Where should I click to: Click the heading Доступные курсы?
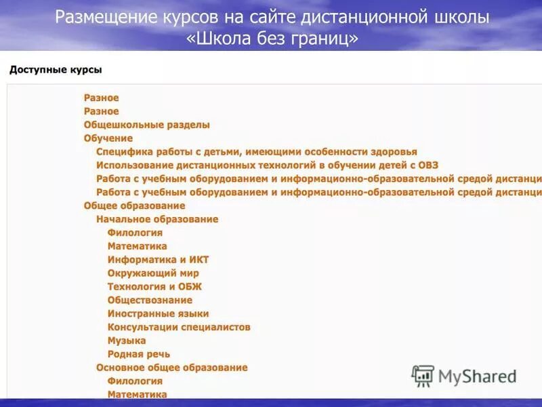[x=56, y=70]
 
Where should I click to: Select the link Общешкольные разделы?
[x=146, y=125]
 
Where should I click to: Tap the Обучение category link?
[x=108, y=138]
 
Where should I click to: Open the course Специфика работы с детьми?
[x=256, y=152]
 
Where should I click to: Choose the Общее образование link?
[x=134, y=206]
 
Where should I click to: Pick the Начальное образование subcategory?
[x=157, y=219]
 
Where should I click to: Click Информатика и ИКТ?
[x=158, y=260]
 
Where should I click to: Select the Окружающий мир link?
[x=153, y=273]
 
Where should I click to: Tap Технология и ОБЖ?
[x=154, y=286]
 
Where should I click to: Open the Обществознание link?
[x=150, y=300]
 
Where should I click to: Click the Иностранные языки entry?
[x=158, y=313]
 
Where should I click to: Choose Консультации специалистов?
[x=179, y=327]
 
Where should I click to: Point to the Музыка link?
[x=127, y=341]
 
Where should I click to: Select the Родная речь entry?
[x=139, y=354]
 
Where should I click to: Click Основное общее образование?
[x=171, y=368]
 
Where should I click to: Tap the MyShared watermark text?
[x=477, y=376]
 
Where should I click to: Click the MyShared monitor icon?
[x=423, y=376]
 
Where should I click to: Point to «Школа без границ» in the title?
[x=272, y=38]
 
